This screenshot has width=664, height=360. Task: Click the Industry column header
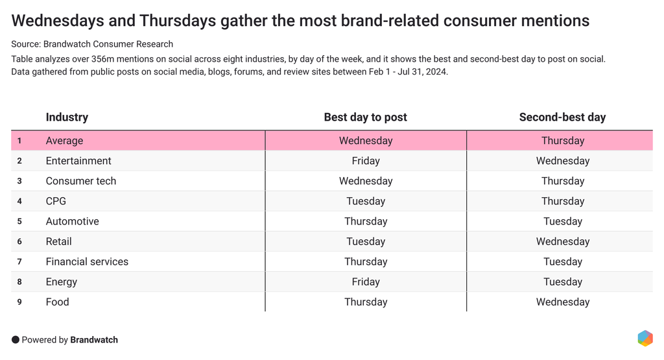click(x=67, y=117)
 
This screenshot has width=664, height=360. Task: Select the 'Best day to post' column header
click(x=365, y=117)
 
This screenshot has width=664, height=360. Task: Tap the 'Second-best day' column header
click(x=562, y=117)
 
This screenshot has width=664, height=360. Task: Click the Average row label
click(x=64, y=141)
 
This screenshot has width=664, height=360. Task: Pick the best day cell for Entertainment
click(x=365, y=161)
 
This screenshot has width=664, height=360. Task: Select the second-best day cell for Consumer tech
click(x=562, y=181)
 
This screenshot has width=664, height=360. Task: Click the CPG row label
click(x=56, y=201)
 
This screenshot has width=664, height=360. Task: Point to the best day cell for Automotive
click(x=365, y=221)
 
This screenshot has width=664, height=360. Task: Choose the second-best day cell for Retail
click(x=562, y=241)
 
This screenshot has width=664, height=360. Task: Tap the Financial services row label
click(x=87, y=261)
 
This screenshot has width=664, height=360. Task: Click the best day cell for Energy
click(x=365, y=282)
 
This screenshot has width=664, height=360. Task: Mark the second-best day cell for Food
click(x=562, y=302)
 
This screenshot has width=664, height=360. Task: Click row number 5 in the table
click(x=19, y=221)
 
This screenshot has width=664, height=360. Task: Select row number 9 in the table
click(x=19, y=302)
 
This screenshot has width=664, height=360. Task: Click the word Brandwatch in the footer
click(x=94, y=340)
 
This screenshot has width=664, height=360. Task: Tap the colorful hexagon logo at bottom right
click(x=645, y=338)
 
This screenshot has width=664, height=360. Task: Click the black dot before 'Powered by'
click(x=16, y=340)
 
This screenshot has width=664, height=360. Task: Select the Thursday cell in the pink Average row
click(x=562, y=141)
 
